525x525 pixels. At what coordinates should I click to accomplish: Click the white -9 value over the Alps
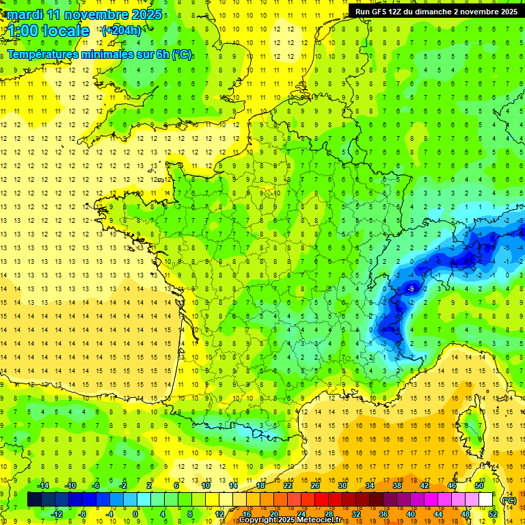tap(410, 289)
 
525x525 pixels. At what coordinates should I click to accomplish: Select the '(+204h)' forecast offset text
tap(122, 30)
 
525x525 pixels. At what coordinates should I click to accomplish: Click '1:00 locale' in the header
tap(48, 31)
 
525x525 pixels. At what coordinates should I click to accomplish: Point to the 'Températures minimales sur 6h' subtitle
tap(99, 55)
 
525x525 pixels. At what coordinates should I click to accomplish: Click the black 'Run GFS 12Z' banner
tap(436, 12)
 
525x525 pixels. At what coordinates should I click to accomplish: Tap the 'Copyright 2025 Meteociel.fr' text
tap(290, 520)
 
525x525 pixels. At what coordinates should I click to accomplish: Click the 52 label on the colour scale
tap(492, 513)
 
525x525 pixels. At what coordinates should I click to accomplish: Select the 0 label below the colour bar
tap(136, 513)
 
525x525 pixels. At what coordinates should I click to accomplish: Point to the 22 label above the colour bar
tap(288, 485)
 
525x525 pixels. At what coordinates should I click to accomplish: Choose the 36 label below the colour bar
tap(383, 513)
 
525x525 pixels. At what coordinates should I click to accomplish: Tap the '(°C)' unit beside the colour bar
tap(509, 500)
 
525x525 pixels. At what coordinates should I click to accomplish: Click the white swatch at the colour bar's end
tap(485, 500)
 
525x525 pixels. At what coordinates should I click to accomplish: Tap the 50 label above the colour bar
tap(479, 485)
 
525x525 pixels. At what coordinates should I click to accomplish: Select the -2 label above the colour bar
tap(124, 485)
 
